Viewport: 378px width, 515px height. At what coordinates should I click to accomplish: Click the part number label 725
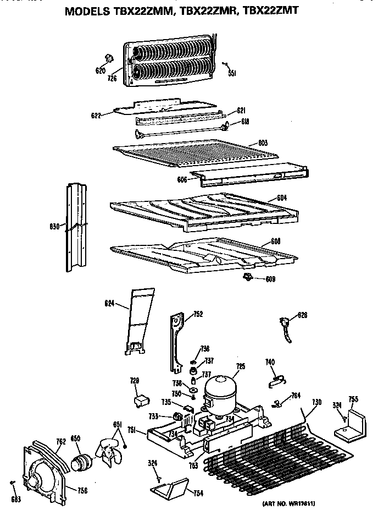pyautogui.click(x=240, y=366)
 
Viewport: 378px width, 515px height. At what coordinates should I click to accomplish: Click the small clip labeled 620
pyautogui.click(x=108, y=58)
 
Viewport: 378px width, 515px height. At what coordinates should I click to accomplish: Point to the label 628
pyautogui.click(x=302, y=315)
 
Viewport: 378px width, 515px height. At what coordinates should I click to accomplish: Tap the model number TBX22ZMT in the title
pyautogui.click(x=272, y=9)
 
